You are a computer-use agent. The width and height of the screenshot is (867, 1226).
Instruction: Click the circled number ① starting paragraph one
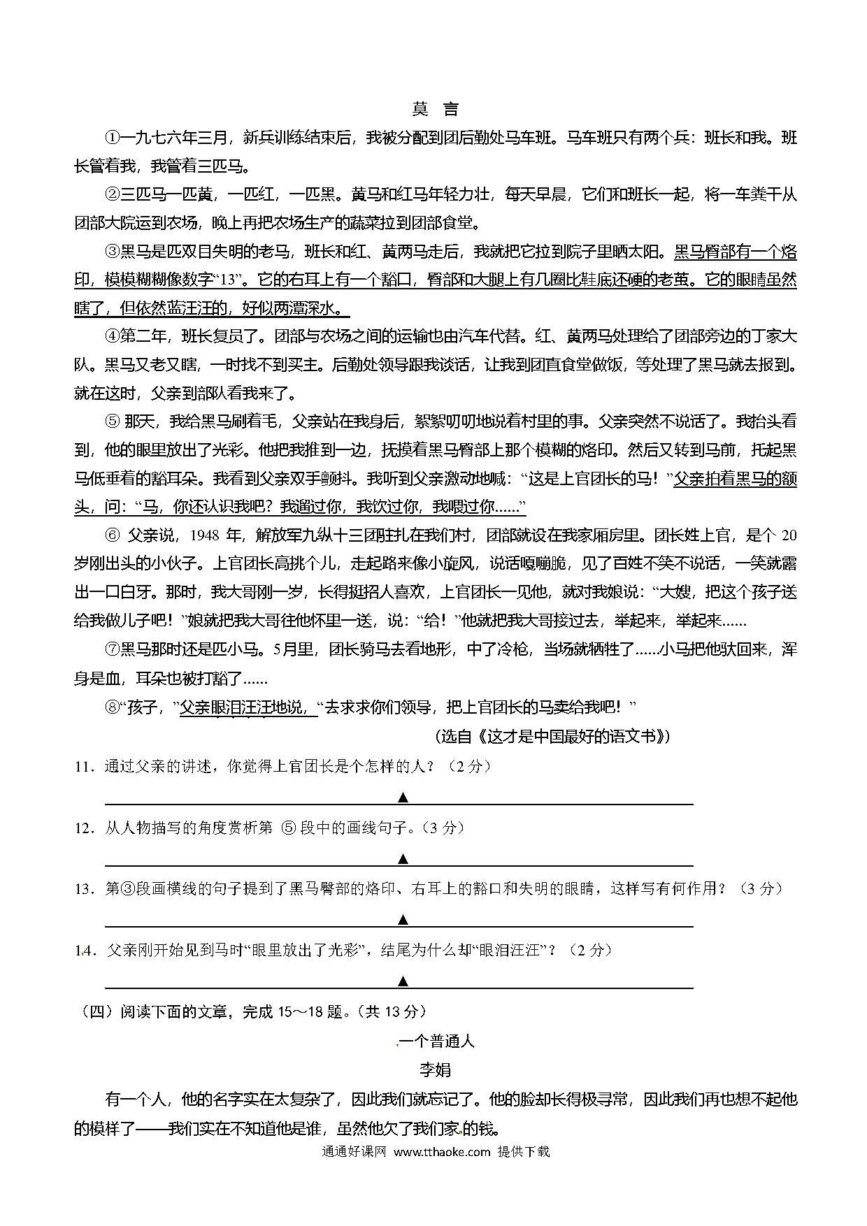tap(113, 138)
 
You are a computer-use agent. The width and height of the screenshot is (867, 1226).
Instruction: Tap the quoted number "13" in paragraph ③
tap(229, 280)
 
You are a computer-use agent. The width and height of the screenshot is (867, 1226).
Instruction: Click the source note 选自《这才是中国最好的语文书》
tap(552, 736)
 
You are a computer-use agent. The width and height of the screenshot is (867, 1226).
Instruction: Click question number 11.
tap(84, 767)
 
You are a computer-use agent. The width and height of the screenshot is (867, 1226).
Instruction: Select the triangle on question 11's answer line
tap(403, 798)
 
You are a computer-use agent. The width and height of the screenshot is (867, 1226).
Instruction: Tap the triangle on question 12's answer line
tap(403, 858)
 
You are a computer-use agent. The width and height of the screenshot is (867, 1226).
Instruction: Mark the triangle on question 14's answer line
tap(403, 981)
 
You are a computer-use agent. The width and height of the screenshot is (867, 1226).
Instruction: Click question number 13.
tap(84, 889)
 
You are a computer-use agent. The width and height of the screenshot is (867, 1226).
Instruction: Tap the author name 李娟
tap(434, 1070)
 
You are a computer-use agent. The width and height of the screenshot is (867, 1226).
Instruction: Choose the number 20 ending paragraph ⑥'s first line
tap(788, 536)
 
